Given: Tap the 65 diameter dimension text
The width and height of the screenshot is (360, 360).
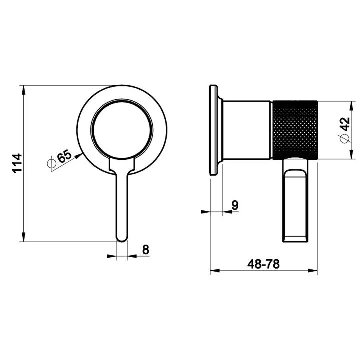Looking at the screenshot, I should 64,157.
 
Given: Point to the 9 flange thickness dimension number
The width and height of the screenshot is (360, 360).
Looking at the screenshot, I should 234,204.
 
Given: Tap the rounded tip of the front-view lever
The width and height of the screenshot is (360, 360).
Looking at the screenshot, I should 122,238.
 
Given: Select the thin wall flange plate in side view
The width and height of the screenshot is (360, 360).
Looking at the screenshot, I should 214,130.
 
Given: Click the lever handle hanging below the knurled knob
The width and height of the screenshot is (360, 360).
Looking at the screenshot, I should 297,200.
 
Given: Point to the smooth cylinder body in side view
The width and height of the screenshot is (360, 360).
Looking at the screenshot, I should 247,130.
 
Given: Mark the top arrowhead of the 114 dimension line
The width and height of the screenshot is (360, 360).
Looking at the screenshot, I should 24,89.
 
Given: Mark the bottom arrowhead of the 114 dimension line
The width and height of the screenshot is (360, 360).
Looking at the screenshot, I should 24,239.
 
